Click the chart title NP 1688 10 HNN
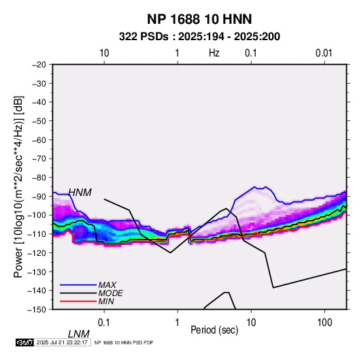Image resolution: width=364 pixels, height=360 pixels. tap(199, 19)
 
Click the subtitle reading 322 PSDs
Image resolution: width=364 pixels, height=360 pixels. tap(144, 37)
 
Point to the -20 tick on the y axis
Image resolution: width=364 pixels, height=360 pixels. tap(39, 65)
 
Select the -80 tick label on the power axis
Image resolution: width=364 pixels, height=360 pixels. tap(39, 178)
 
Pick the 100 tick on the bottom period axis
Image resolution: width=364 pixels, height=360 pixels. tap(325, 323)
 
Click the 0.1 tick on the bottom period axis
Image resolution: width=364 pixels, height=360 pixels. tap(104, 323)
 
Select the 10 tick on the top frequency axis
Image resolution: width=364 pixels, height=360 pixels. tap(104, 53)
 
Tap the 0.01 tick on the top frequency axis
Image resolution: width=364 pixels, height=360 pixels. tap(324, 53)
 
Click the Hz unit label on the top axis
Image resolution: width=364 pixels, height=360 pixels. tap(214, 53)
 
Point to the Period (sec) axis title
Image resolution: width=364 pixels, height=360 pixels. tap(214, 330)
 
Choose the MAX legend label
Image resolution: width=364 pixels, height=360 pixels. tap(107, 284)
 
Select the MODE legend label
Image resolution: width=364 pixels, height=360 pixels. tap(110, 293)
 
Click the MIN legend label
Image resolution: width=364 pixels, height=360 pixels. tap(106, 301)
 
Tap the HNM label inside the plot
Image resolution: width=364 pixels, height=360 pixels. tap(80, 193)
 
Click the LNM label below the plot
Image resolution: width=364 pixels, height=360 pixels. tap(78, 334)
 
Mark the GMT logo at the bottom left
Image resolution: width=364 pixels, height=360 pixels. tap(24, 342)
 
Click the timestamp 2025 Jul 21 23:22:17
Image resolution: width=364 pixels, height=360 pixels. tap(62, 342)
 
